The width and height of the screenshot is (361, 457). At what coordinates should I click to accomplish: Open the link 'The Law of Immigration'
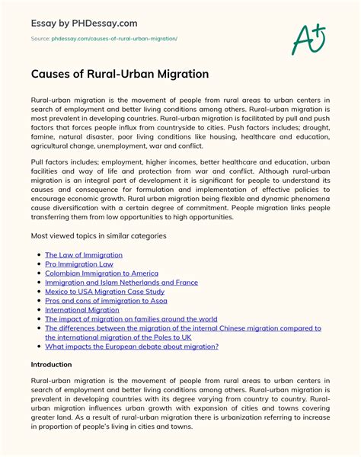click(x=84, y=254)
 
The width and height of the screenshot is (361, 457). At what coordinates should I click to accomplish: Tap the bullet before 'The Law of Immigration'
click(x=39, y=255)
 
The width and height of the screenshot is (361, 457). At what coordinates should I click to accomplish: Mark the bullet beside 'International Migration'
click(x=39, y=310)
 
